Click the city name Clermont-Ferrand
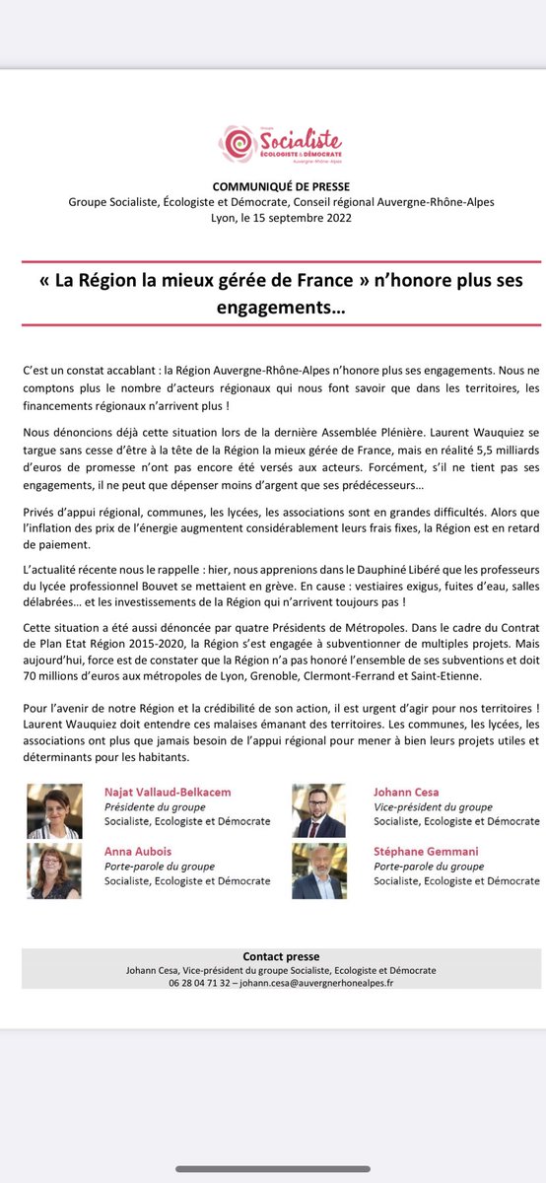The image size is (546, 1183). (x=379, y=696)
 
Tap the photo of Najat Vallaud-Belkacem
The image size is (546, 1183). (x=54, y=811)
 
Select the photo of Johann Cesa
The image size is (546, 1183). (x=318, y=811)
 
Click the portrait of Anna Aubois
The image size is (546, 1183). (x=54, y=870)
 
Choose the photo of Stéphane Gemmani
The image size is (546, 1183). (x=318, y=870)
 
